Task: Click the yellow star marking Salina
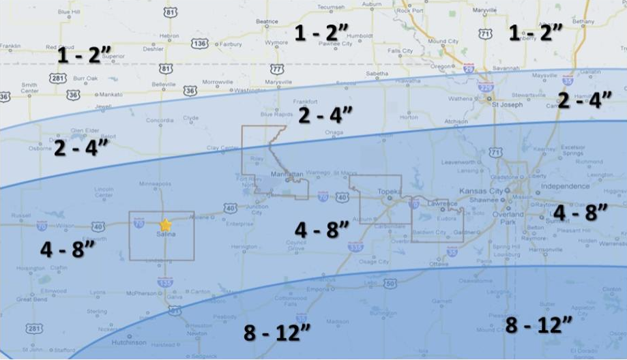point(165,224)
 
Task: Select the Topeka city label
point(388,192)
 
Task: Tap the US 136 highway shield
point(200,44)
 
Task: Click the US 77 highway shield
point(276,69)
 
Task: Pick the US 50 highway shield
point(390,283)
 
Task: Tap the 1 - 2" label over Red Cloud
point(85,55)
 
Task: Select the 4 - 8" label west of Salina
point(67,249)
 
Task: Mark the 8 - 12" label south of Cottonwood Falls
point(278,333)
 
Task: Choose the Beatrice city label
point(267,21)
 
